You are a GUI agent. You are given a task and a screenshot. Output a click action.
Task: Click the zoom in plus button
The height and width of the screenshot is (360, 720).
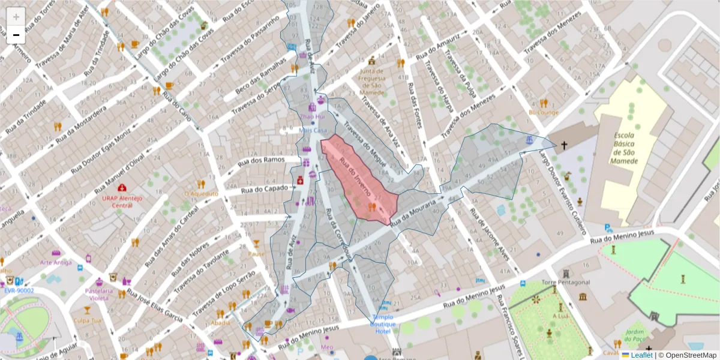[16, 17]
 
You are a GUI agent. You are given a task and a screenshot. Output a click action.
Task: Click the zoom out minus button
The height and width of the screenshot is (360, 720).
[16, 35]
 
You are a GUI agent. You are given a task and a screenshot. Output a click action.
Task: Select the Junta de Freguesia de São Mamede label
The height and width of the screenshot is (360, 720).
[371, 82]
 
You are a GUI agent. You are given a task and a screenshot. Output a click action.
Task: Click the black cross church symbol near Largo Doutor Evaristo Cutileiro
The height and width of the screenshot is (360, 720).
[564, 145]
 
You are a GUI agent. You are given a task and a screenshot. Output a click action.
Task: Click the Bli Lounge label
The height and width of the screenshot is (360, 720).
[543, 112]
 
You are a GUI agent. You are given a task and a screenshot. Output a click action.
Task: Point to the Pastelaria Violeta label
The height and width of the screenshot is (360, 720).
[99, 294]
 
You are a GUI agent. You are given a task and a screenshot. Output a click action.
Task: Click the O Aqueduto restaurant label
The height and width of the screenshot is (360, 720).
[200, 194]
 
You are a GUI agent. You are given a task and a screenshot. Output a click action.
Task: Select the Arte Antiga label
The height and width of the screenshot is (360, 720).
[56, 262]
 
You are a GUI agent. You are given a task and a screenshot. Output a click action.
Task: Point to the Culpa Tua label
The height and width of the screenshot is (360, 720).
[87, 320]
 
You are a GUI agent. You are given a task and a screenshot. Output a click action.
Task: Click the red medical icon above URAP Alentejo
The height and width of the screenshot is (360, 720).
[122, 188]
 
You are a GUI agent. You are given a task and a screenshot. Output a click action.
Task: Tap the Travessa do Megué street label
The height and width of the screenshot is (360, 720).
[365, 142]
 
